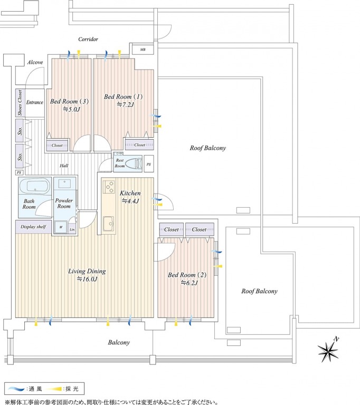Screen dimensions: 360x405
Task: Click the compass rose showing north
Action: coord(328,351)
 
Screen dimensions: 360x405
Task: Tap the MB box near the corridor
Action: coord(143,50)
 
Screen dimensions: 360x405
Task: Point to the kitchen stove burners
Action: coord(109,187)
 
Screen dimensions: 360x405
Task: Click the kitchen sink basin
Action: coord(109,224)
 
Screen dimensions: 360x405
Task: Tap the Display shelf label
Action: coord(33,227)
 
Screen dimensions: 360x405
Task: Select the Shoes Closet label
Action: coord(20,102)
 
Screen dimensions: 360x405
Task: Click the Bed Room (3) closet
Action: coord(57,146)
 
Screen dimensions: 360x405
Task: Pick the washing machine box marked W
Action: coord(61,227)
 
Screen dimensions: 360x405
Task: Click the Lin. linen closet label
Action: coord(72,229)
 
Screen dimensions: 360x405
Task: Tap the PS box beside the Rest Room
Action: coord(149,164)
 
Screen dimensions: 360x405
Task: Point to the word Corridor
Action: coord(88,39)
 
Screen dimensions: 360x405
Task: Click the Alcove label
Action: coord(35,62)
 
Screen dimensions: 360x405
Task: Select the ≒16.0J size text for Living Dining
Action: coord(87,279)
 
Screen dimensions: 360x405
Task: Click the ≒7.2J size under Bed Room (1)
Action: coord(126,104)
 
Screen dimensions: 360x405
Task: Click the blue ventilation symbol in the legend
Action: coord(17,389)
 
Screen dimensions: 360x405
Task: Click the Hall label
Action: coord(64,166)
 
